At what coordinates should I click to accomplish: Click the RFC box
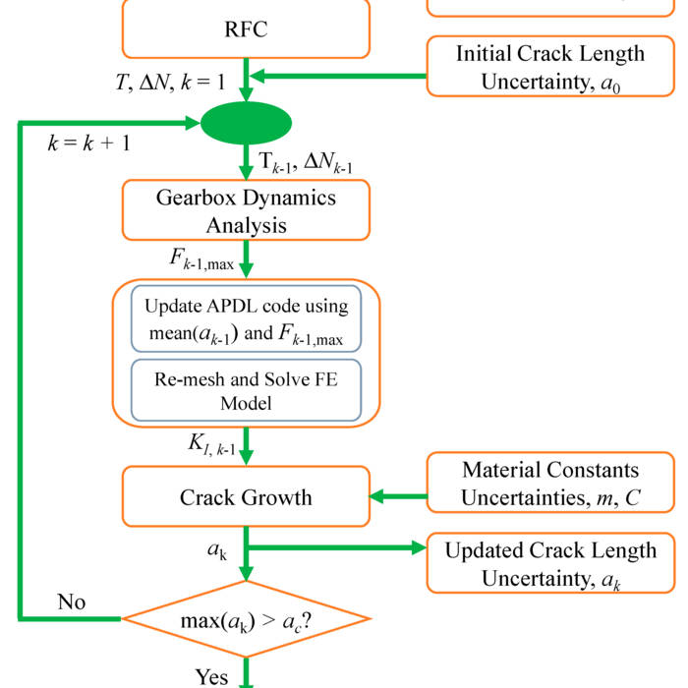click(246, 29)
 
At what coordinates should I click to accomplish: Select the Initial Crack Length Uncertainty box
click(550, 67)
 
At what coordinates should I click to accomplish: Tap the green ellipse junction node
click(246, 125)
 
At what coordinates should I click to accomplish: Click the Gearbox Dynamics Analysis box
click(246, 210)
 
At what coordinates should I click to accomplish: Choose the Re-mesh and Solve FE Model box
click(246, 391)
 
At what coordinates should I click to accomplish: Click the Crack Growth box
click(246, 497)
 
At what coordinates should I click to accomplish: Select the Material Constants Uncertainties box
click(550, 485)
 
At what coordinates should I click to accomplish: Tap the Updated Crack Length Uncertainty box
click(550, 564)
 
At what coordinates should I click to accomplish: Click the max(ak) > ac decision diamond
click(246, 619)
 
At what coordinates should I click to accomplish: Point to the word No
click(71, 602)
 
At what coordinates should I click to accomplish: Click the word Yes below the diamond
click(212, 676)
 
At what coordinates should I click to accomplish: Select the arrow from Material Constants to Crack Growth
click(398, 497)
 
